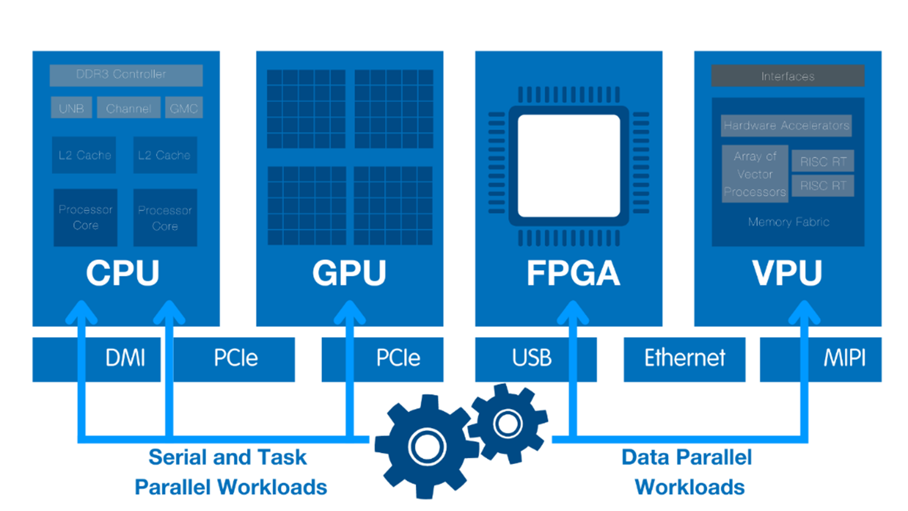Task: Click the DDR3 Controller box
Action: click(126, 75)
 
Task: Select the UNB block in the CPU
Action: click(71, 108)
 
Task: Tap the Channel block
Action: click(129, 108)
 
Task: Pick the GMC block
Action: click(184, 108)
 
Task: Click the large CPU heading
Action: click(123, 273)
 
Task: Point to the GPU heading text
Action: click(349, 273)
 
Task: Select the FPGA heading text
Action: click(573, 273)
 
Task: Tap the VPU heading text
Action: click(787, 273)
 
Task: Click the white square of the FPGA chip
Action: click(569, 165)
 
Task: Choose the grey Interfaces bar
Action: click(788, 76)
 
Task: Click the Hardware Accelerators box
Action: click(786, 125)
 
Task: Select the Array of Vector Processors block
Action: click(755, 174)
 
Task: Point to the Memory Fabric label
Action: click(789, 222)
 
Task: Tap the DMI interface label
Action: click(125, 358)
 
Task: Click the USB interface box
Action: click(535, 359)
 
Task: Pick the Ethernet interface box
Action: click(684, 359)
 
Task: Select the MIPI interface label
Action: click(844, 358)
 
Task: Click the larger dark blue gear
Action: click(427, 446)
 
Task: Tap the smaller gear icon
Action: click(508, 423)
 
